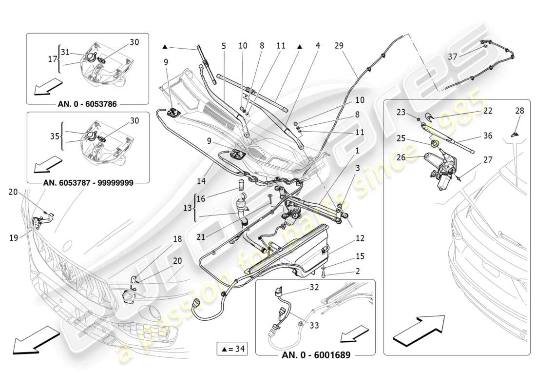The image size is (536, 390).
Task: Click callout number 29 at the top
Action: point(339,46)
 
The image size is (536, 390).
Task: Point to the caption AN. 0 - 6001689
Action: point(316,355)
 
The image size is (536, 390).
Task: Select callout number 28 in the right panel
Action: point(519,111)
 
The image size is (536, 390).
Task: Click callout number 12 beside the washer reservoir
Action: point(360,238)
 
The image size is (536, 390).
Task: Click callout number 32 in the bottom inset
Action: point(314,288)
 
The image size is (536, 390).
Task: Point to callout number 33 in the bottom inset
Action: point(314,325)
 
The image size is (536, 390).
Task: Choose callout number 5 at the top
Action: point(224,46)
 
